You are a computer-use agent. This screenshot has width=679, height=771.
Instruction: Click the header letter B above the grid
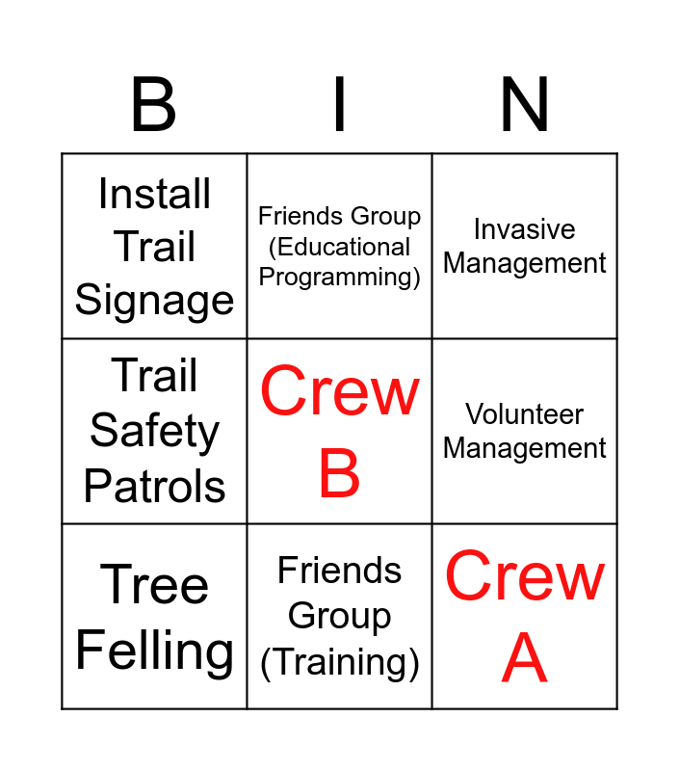(154, 106)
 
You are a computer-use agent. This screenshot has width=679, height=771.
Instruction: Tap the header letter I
(339, 106)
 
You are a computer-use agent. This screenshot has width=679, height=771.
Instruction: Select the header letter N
(525, 106)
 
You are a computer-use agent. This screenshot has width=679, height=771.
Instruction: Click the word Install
(154, 195)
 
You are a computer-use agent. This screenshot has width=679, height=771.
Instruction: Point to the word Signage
(154, 301)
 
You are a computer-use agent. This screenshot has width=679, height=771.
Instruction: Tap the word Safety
(154, 432)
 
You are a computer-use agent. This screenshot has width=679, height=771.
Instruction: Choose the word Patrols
(154, 487)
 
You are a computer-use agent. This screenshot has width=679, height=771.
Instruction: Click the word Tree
(154, 585)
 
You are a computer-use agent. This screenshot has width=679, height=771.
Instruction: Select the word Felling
(154, 651)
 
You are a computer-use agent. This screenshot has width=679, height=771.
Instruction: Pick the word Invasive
(525, 229)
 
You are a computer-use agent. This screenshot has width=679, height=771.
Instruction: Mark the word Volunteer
(525, 414)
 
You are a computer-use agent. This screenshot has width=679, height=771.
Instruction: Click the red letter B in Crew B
(339, 474)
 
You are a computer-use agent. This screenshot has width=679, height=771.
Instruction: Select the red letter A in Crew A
(525, 659)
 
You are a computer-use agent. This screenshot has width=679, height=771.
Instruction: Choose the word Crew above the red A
(525, 577)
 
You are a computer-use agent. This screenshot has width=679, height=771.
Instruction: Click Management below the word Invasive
(525, 263)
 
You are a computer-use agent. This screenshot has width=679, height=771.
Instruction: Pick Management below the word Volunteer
(525, 448)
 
